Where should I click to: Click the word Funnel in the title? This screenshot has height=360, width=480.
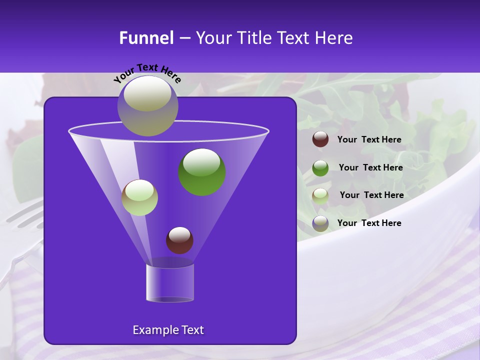tap(146, 38)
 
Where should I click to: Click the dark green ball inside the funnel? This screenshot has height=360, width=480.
tap(202, 171)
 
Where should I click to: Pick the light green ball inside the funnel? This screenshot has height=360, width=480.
tap(139, 197)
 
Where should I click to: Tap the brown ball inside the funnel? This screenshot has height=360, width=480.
tap(179, 240)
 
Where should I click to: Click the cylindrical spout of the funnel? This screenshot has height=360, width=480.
tap(170, 283)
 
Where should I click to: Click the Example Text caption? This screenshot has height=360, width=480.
tap(168, 330)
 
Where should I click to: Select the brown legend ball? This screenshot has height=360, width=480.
tap(320, 139)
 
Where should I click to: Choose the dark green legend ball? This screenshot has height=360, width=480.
tap(320, 168)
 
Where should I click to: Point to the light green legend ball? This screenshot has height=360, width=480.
tap(320, 195)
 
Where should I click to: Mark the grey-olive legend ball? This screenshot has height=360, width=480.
tap(320, 223)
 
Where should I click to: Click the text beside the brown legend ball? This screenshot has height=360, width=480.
tap(369, 140)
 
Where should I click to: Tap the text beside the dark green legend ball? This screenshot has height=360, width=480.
tap(370, 168)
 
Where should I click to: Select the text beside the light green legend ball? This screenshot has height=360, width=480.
tap(371, 195)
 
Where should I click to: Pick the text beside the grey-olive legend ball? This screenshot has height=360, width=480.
tap(369, 223)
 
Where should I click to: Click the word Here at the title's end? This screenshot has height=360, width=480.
tap(334, 38)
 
